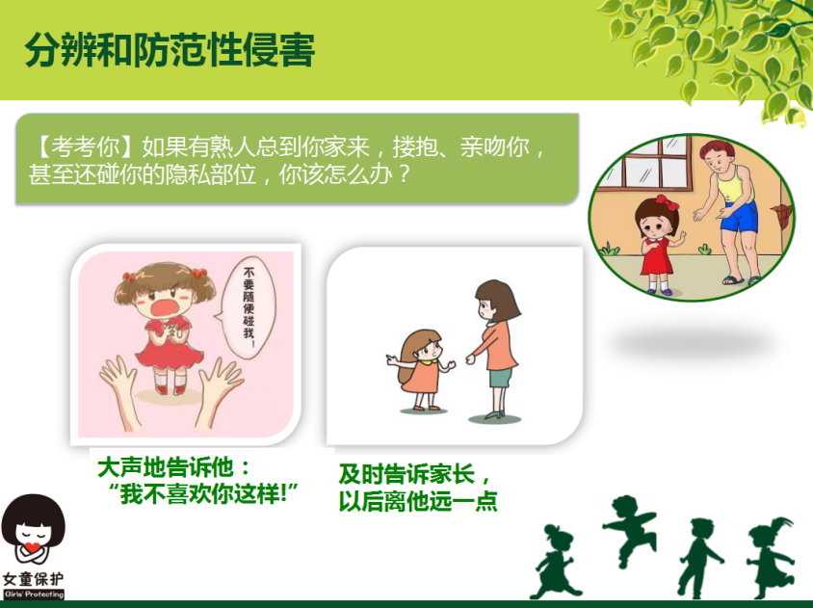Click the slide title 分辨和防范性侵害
point(170,51)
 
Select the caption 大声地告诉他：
point(173,468)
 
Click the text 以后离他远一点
point(418,501)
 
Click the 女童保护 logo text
point(33,578)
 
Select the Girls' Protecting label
point(34,594)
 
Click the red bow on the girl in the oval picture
point(667,201)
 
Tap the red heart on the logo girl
point(33,547)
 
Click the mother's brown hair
point(498,300)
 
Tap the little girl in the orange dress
point(421,369)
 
